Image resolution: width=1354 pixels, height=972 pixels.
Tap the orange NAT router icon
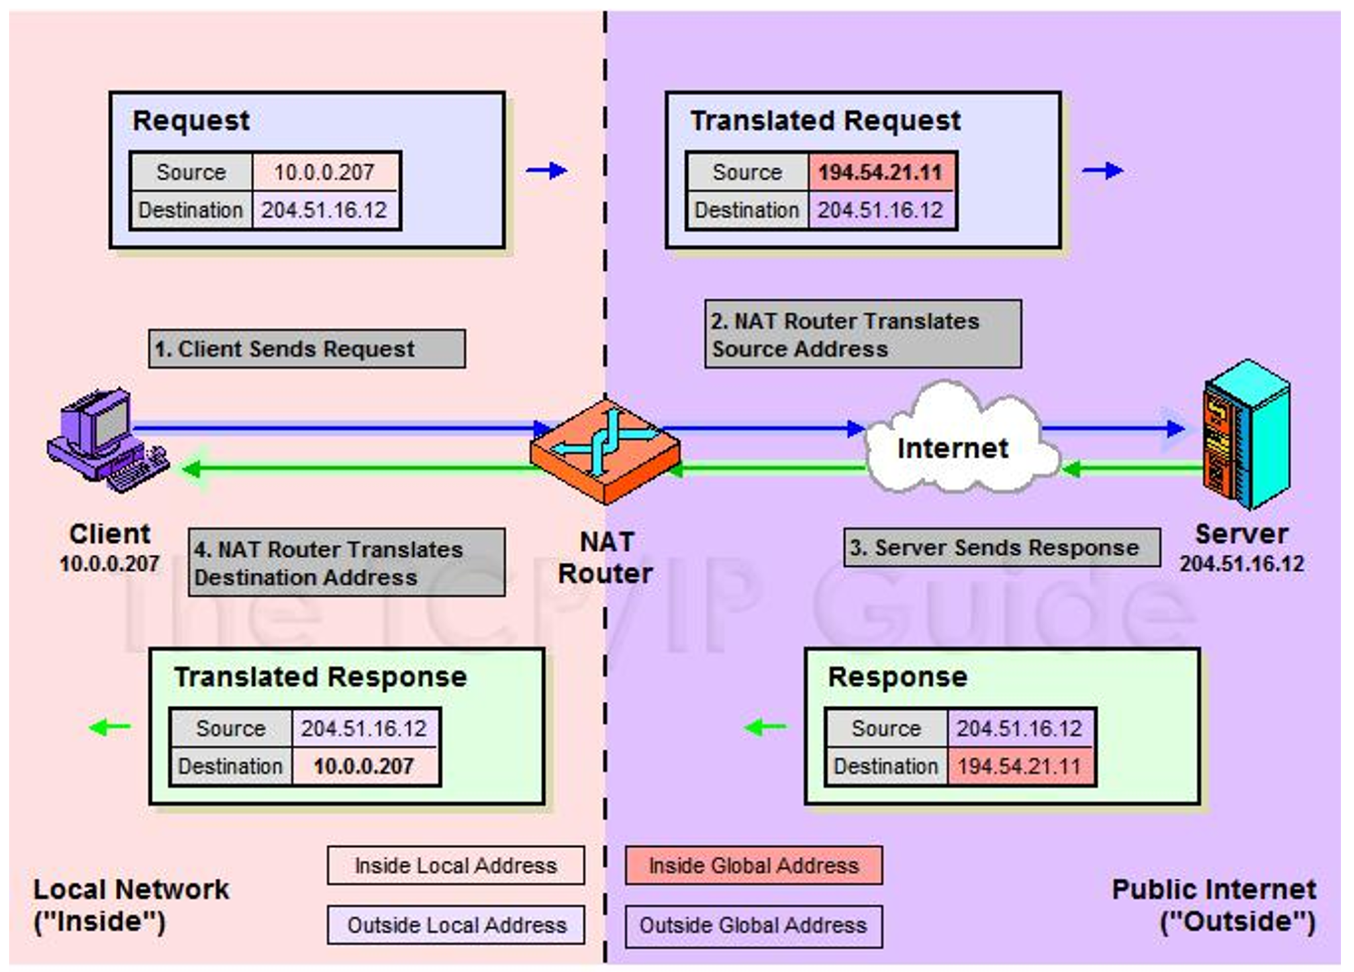tap(605, 452)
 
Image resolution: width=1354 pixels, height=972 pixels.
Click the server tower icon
tap(1246, 434)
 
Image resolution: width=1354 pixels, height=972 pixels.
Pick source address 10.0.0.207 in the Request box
tap(324, 172)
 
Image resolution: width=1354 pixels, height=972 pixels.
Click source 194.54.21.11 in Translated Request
tap(881, 172)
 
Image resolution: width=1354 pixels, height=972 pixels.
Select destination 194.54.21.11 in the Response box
tap(1020, 766)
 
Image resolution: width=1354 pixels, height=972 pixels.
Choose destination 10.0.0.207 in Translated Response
tap(364, 766)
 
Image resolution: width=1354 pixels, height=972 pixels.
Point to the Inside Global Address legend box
tap(753, 865)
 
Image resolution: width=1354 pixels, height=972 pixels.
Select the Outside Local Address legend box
tap(456, 925)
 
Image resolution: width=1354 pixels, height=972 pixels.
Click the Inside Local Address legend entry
tap(456, 865)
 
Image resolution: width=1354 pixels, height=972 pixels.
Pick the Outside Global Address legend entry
tap(753, 925)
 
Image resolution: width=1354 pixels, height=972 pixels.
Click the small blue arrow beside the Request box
tap(547, 171)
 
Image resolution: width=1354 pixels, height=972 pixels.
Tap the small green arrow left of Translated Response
tap(110, 727)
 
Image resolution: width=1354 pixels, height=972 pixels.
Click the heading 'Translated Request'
tap(826, 121)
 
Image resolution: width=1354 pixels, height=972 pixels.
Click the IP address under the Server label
tap(1241, 563)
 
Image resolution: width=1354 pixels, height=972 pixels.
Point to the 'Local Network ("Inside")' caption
tap(131, 905)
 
